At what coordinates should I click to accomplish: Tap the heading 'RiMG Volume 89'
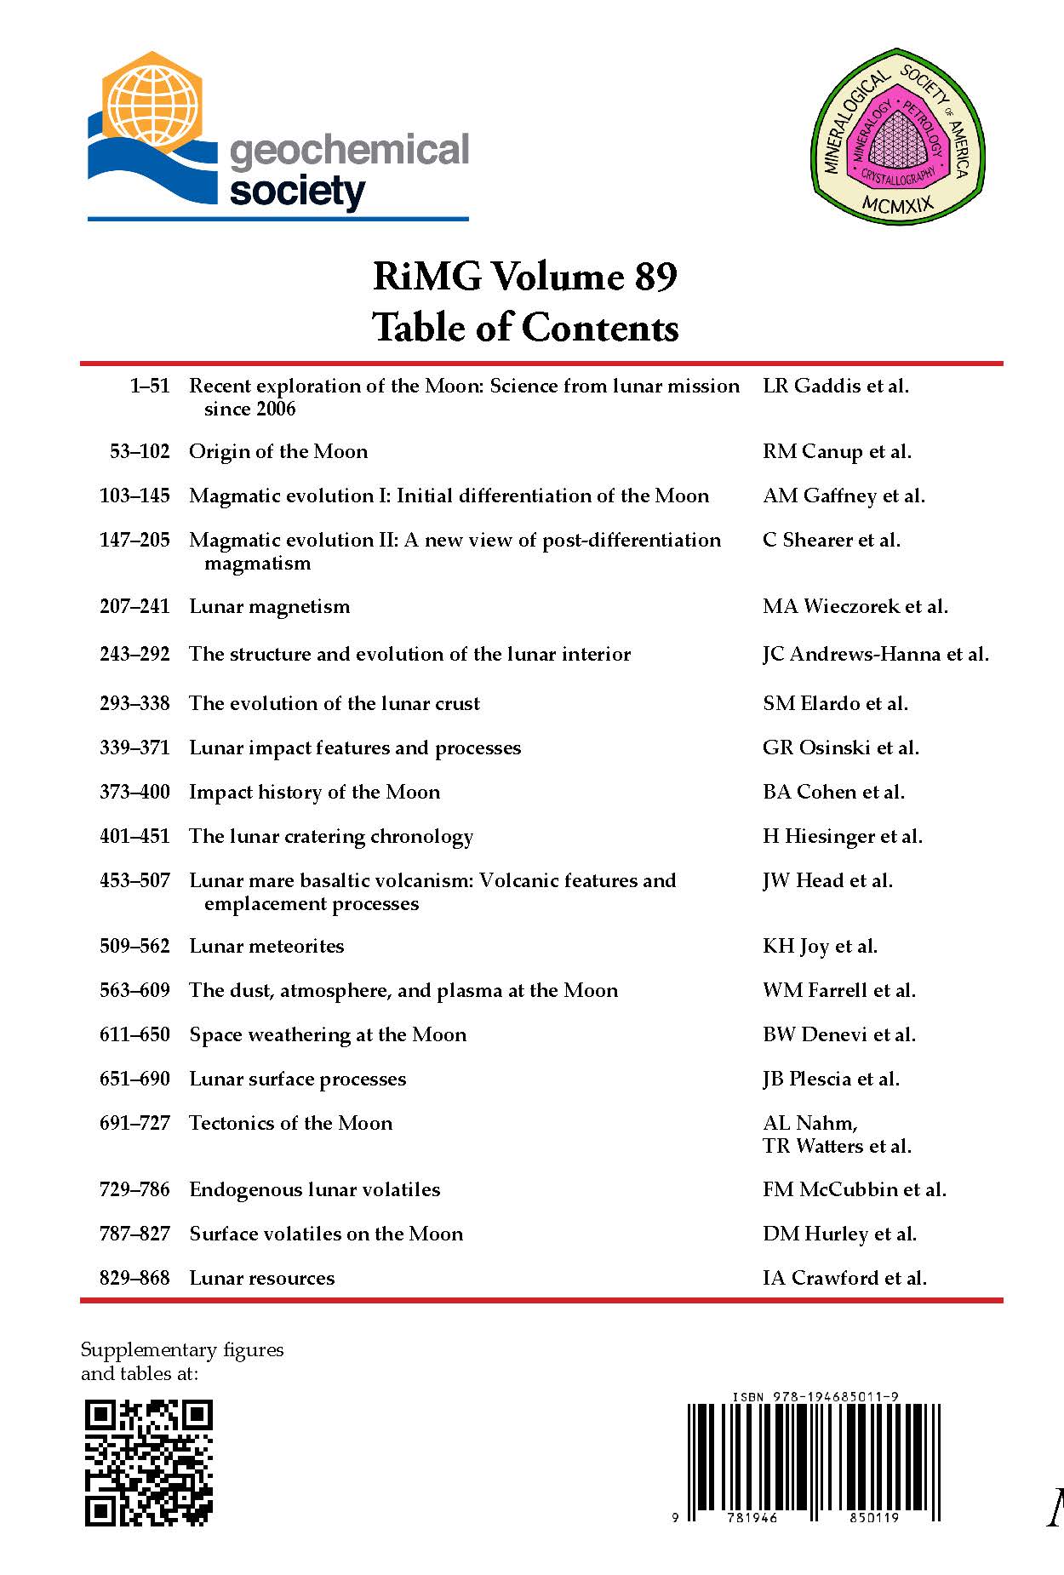tap(525, 277)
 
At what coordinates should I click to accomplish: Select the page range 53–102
tap(140, 451)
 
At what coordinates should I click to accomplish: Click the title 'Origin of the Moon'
tap(278, 451)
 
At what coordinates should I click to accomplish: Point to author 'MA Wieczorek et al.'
tap(855, 606)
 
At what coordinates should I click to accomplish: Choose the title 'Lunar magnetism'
tap(269, 606)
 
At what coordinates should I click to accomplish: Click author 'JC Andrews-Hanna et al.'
tap(875, 654)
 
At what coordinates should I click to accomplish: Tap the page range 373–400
tap(134, 792)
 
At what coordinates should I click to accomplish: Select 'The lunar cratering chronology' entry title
tap(331, 836)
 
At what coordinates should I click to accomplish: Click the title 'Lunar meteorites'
tap(266, 946)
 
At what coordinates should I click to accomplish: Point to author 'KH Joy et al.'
tap(820, 946)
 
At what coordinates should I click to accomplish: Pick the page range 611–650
tap(134, 1034)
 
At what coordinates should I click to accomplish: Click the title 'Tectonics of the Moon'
tap(290, 1123)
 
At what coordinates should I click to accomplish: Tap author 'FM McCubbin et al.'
tap(854, 1189)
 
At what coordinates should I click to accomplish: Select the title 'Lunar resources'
tap(261, 1278)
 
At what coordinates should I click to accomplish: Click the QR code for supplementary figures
tap(148, 1463)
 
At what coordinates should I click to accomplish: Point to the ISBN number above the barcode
tap(815, 1396)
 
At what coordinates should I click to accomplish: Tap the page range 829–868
tap(134, 1278)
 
